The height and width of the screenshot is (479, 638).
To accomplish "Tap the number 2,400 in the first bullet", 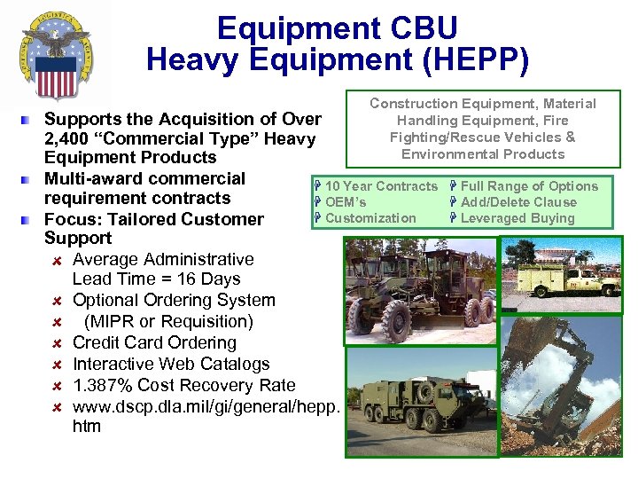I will click(74, 138).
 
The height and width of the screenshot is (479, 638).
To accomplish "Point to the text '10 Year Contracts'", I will click(381, 186).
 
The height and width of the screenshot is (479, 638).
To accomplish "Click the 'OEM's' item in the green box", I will click(346, 202).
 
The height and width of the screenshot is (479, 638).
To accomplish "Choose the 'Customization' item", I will click(370, 218).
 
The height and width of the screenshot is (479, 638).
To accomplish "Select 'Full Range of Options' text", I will click(529, 186).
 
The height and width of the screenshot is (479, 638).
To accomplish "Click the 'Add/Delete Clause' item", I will click(518, 202).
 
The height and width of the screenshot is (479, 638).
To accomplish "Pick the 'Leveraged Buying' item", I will click(517, 218).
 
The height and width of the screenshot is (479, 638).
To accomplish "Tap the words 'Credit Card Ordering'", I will click(154, 342).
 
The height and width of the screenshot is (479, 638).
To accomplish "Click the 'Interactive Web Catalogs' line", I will click(171, 364).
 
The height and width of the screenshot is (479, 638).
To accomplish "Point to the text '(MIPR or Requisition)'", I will click(168, 321).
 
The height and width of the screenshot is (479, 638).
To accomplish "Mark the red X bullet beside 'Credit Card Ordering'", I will click(55, 343).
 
